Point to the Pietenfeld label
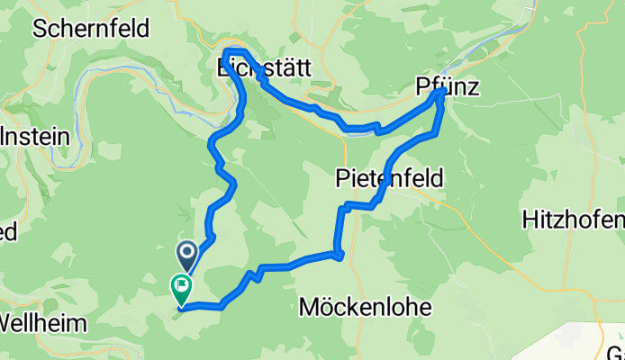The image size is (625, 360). pyautogui.click(x=389, y=178)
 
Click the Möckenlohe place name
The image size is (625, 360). pyautogui.click(x=365, y=308)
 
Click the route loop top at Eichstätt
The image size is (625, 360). pyautogui.click(x=233, y=50)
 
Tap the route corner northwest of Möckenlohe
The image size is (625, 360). pyautogui.click(x=340, y=256)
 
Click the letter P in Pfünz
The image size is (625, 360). pyautogui.click(x=423, y=86)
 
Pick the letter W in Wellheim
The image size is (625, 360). pyautogui.click(x=11, y=322)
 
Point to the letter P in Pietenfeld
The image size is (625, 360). pyautogui.click(x=342, y=178)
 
